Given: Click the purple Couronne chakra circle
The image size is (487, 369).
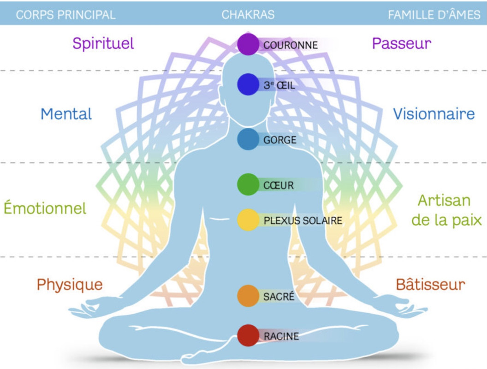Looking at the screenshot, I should point(248,44).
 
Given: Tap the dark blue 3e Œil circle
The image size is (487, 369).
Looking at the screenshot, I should point(248,84).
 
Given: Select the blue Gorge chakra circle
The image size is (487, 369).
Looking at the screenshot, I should point(248,139).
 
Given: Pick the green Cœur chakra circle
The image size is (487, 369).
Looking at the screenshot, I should point(248,185).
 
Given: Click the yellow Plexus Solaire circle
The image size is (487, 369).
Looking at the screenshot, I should point(248,220).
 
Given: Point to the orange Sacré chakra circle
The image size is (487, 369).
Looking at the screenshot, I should point(248,296).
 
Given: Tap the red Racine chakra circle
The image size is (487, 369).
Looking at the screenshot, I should point(248,335).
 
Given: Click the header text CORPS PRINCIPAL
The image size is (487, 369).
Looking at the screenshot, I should point(65,15).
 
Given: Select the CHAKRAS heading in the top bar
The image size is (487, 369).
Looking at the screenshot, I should point(248,15).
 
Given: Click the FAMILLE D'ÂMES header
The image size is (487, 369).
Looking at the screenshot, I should point(434,15).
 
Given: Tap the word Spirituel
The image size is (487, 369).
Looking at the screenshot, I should point(103,43).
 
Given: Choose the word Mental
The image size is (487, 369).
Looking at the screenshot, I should point(66,113).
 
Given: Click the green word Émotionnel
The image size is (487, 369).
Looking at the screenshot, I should point(45,208).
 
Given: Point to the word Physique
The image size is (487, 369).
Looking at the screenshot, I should point(70,284).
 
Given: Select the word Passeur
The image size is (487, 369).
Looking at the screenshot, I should point(401,43).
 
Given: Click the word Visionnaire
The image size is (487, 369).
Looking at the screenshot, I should point(434,113).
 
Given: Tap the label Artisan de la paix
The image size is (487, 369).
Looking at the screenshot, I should point(444,210).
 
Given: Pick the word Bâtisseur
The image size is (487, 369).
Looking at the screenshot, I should point(430,284).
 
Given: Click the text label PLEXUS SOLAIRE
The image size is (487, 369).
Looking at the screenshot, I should point(303,221).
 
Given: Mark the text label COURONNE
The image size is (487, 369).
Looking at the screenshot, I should point(291,45).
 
